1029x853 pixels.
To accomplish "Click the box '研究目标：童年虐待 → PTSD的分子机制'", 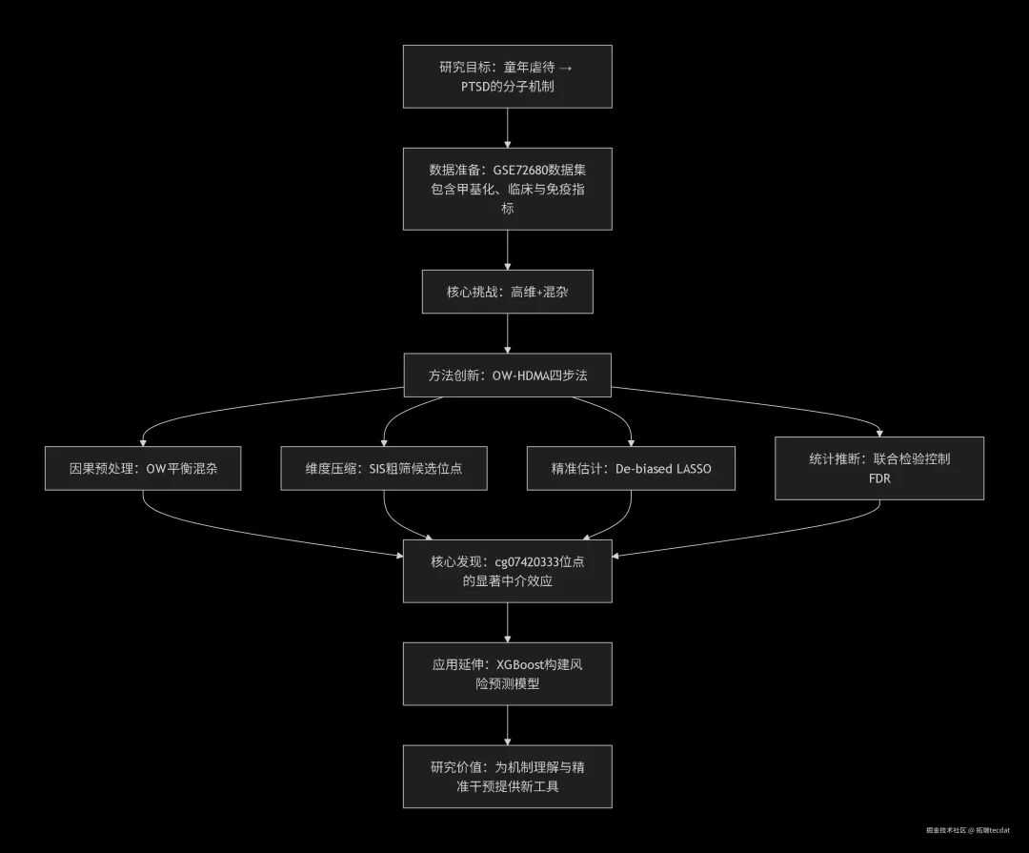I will [507, 76].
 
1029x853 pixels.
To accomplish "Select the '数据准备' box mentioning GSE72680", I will [507, 189].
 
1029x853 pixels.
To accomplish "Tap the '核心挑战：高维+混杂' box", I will [507, 292].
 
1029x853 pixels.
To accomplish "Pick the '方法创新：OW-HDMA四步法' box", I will [507, 376].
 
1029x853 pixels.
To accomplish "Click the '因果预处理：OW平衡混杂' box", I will [142, 469].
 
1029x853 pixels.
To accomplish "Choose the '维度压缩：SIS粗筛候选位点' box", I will [384, 469].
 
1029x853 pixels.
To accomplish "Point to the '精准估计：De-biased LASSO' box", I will [631, 469].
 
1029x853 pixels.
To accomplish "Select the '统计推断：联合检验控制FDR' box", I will [878, 468].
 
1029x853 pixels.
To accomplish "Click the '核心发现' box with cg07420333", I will [507, 571].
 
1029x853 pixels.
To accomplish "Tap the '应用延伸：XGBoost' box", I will [507, 674].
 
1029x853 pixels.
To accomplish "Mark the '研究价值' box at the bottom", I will [507, 777].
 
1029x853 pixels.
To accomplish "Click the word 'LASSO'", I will [689, 469].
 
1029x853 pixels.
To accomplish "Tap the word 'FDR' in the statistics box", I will [878, 477].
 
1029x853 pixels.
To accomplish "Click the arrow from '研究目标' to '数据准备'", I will [507, 128].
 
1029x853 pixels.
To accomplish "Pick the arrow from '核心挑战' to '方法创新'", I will [507, 334].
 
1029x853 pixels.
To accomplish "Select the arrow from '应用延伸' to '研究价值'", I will [507, 725].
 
